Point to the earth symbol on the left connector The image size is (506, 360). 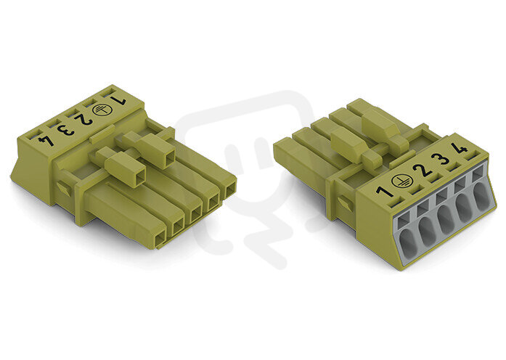[99, 110]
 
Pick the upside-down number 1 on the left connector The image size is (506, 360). [118, 100]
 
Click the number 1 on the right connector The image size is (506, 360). [384, 191]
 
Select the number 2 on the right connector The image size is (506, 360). [423, 170]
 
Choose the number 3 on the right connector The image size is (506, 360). [441, 159]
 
